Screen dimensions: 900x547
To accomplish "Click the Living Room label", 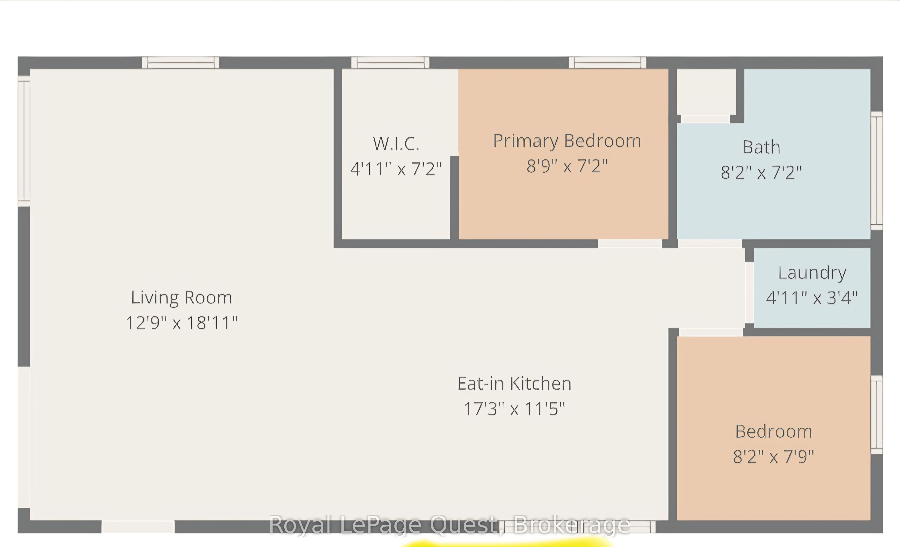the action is tap(181, 298).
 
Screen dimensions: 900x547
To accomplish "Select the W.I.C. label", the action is tap(396, 143).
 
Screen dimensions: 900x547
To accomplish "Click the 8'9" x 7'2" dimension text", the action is tap(567, 166).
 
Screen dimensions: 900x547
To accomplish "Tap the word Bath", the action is tap(762, 147).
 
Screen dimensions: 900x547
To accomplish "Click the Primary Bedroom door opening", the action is tap(630, 244).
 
